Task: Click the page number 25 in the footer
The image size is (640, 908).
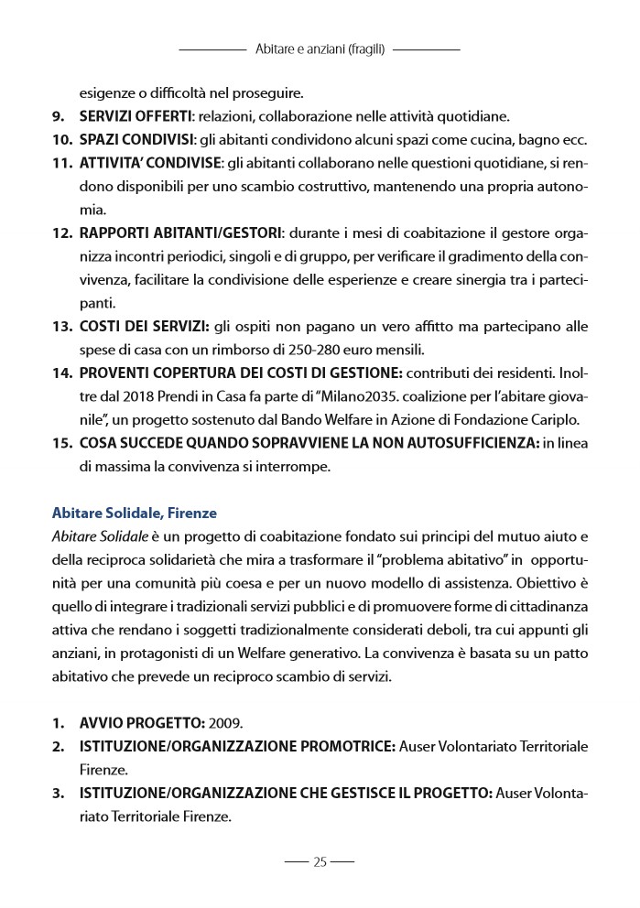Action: pyautogui.click(x=320, y=861)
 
